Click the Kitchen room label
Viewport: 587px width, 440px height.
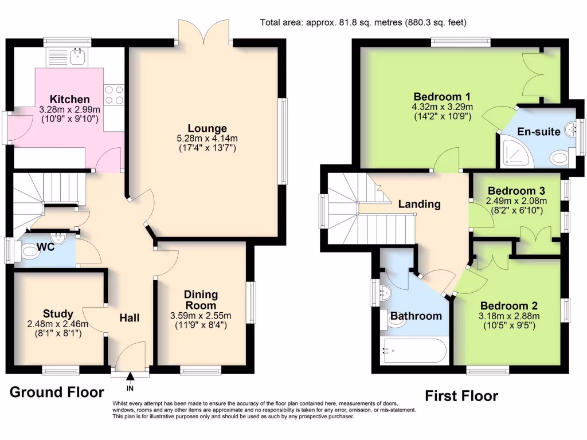[x=69, y=99]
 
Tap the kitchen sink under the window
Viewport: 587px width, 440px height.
[x=76, y=57]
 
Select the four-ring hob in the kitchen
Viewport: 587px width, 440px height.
[x=114, y=95]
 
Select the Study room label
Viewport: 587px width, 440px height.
[x=58, y=313]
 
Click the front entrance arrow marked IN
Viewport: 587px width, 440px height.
[x=130, y=378]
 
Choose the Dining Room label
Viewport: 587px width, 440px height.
[x=201, y=300]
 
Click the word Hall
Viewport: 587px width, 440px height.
[x=130, y=317]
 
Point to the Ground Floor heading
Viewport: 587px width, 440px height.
[x=57, y=392]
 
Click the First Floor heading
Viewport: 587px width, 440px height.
[x=461, y=396]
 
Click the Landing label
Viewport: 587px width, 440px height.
[x=419, y=203]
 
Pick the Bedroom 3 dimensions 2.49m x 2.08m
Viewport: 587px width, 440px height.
[x=516, y=201]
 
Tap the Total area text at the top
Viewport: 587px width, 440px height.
[x=363, y=23]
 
